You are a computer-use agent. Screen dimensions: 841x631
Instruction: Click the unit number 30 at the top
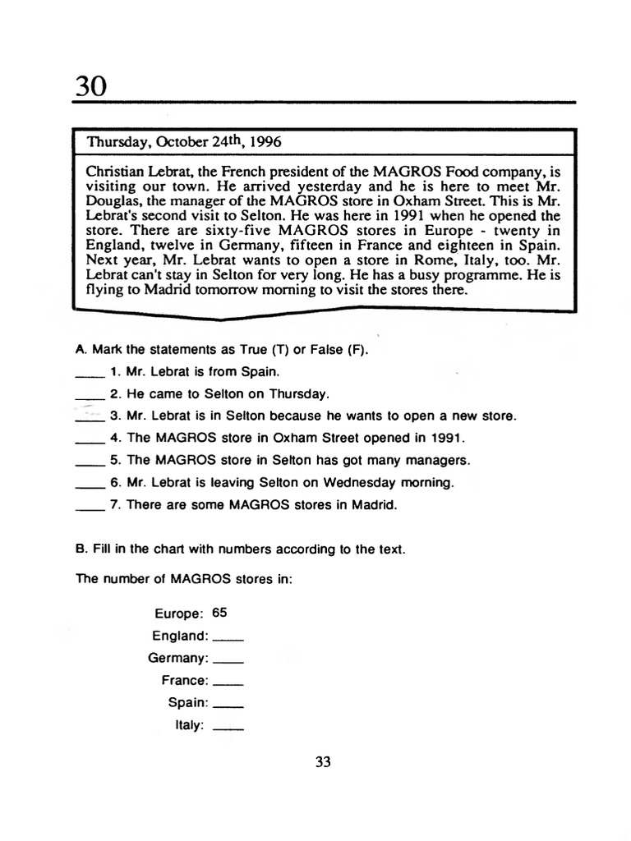pyautogui.click(x=91, y=85)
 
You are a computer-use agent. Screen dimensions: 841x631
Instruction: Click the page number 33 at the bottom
pyautogui.click(x=323, y=762)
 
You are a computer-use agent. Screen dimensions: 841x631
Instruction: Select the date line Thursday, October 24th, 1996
pyautogui.click(x=184, y=140)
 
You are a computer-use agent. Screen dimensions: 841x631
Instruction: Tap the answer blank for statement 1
pyautogui.click(x=90, y=371)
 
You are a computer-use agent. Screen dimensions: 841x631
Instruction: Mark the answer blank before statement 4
pyautogui.click(x=90, y=439)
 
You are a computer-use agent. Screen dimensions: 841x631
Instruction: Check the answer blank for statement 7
pyautogui.click(x=90, y=505)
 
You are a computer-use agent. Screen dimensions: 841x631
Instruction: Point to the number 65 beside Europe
pyautogui.click(x=219, y=613)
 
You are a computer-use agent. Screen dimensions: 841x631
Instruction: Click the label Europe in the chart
pyautogui.click(x=177, y=614)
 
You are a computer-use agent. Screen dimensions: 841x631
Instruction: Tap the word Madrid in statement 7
pyautogui.click(x=374, y=505)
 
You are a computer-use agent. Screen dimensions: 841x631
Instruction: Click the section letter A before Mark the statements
pyautogui.click(x=81, y=349)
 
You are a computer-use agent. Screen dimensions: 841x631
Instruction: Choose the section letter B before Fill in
pyautogui.click(x=81, y=549)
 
